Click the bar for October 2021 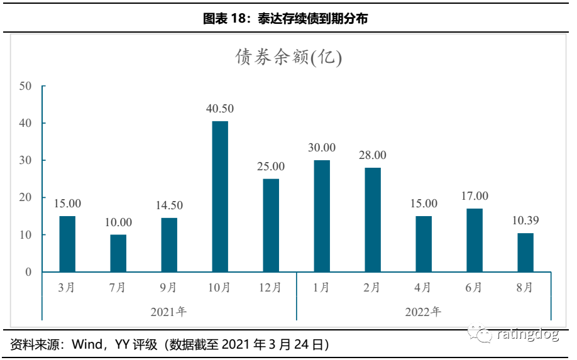coord(220,197)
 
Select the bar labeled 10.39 coord(525,253)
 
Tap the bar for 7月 coord(118,253)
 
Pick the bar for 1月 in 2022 coord(322,216)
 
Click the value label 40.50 coord(220,109)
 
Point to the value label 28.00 coord(373,155)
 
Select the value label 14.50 coord(169,205)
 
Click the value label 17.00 coord(475,196)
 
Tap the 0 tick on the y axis coord(28,272)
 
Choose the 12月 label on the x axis coord(271,288)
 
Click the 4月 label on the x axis coord(424,288)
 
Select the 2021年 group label coord(169,311)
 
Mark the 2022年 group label coord(423,311)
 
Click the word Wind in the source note coord(86,344)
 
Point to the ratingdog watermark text coord(528,334)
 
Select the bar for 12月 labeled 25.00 coord(271,226)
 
